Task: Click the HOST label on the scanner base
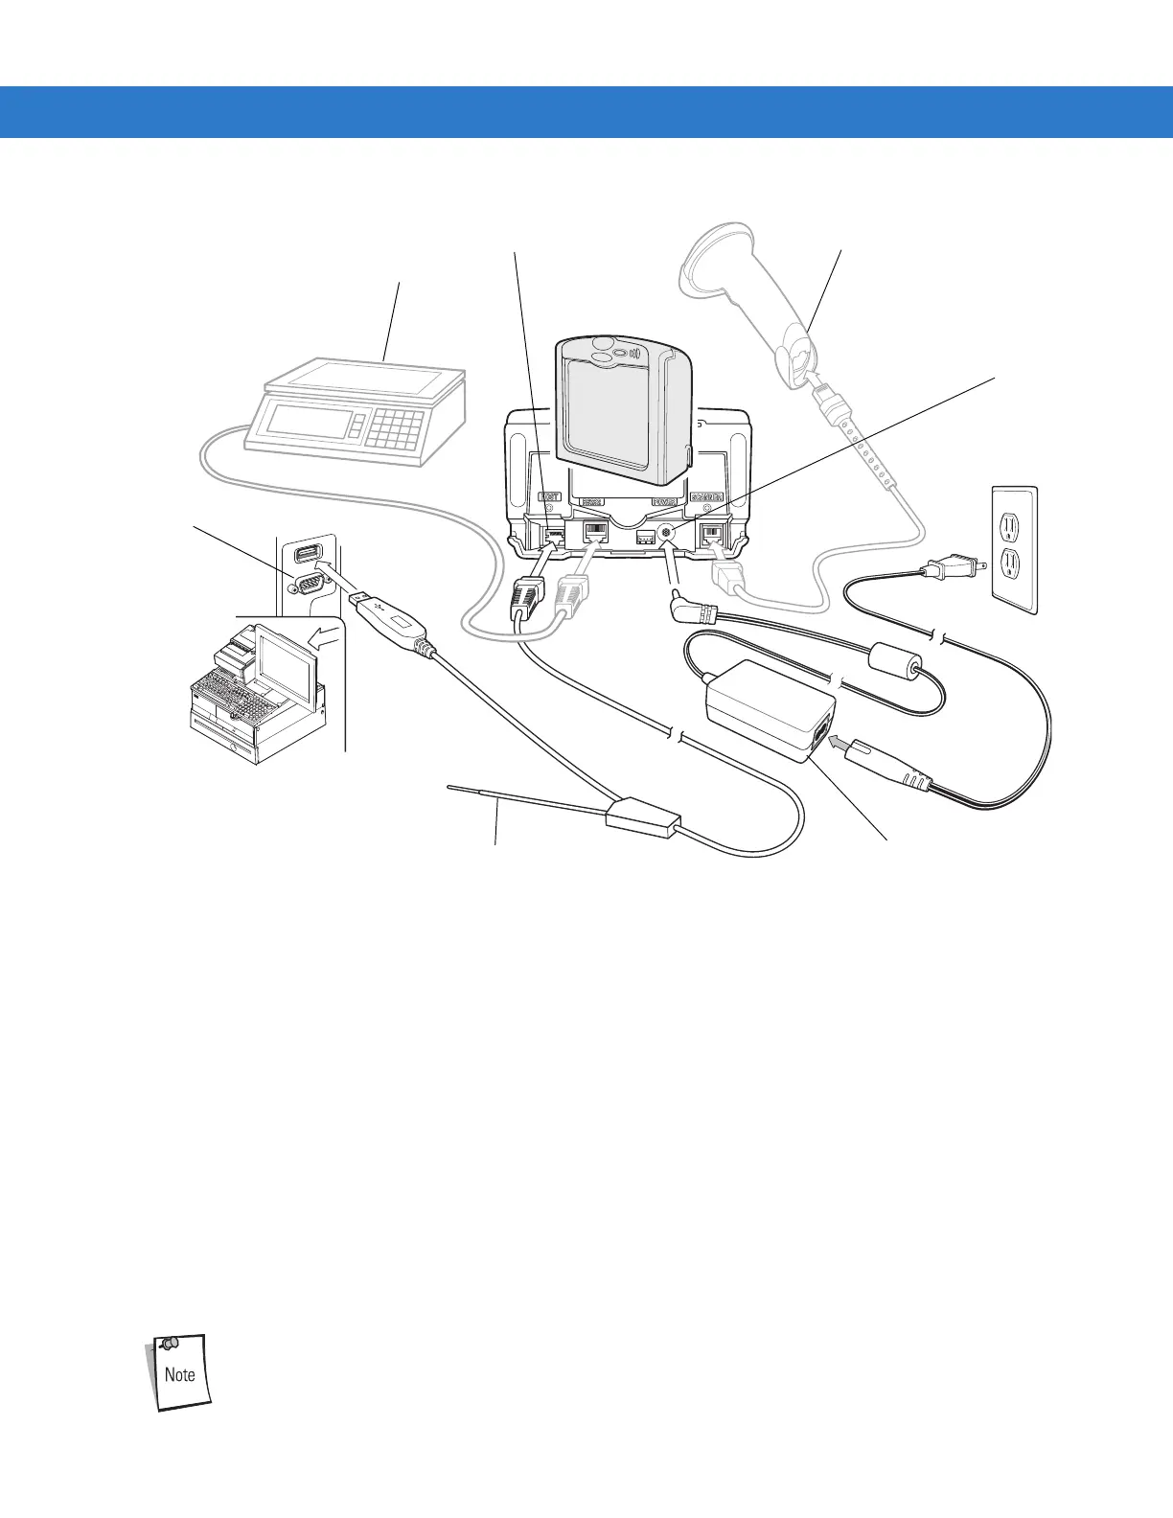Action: click(x=549, y=497)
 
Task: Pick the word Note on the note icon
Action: click(x=179, y=1374)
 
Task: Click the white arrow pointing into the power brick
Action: click(x=838, y=740)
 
